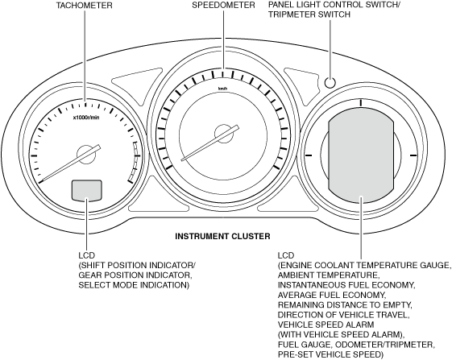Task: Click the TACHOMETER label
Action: [x=84, y=6]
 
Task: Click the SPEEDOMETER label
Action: [x=223, y=5]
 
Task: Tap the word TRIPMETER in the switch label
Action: [x=292, y=14]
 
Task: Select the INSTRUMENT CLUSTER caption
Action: [x=223, y=236]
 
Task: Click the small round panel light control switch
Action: [x=330, y=82]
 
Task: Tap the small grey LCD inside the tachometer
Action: [x=87, y=190]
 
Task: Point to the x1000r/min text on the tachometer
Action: [x=86, y=118]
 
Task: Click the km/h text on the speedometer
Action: [x=222, y=89]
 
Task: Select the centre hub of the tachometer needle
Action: [x=85, y=155]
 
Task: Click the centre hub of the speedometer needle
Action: [x=223, y=134]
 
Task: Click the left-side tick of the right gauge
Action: [x=308, y=155]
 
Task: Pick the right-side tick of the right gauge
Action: [x=413, y=155]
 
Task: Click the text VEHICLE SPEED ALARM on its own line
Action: [x=326, y=325]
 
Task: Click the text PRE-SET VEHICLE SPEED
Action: [x=329, y=354]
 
